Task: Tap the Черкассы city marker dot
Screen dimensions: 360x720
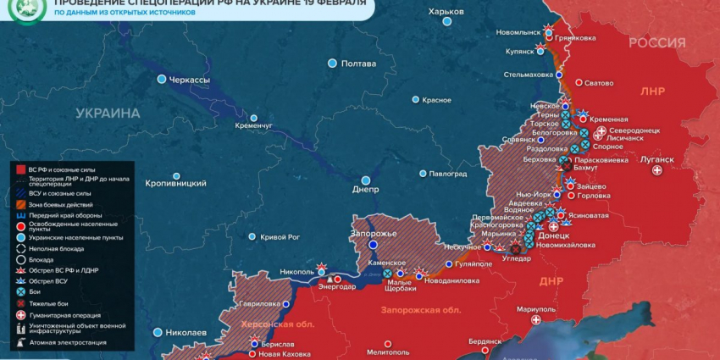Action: [162, 80]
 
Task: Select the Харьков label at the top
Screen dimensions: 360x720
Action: [446, 11]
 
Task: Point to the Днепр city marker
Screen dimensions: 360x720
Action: [366, 180]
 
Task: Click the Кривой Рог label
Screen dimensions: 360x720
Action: [280, 237]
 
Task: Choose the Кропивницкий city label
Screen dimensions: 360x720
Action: [175, 183]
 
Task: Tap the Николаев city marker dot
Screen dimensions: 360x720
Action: [158, 333]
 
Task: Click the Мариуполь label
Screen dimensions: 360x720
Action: [535, 308]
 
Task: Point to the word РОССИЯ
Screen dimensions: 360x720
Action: [656, 43]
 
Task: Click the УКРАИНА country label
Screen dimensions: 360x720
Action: [108, 113]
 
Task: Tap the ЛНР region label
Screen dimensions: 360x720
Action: [653, 91]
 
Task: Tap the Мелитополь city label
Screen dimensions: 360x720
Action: [389, 352]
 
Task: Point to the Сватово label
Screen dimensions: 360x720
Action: [599, 83]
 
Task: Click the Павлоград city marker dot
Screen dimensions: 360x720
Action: [423, 174]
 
